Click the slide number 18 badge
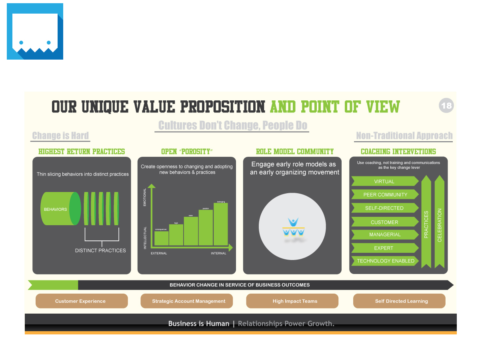(446, 106)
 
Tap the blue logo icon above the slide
(35, 31)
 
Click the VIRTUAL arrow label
(384, 182)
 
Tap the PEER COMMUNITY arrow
(385, 195)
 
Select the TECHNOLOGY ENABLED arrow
(385, 261)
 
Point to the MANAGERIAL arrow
(385, 234)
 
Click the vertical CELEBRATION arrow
(440, 224)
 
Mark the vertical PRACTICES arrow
(426, 224)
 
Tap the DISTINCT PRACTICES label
(100, 250)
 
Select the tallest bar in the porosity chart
(220, 224)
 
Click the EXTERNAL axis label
(159, 253)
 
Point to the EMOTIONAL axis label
(145, 198)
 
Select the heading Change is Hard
(60, 136)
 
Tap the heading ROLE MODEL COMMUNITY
(295, 152)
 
